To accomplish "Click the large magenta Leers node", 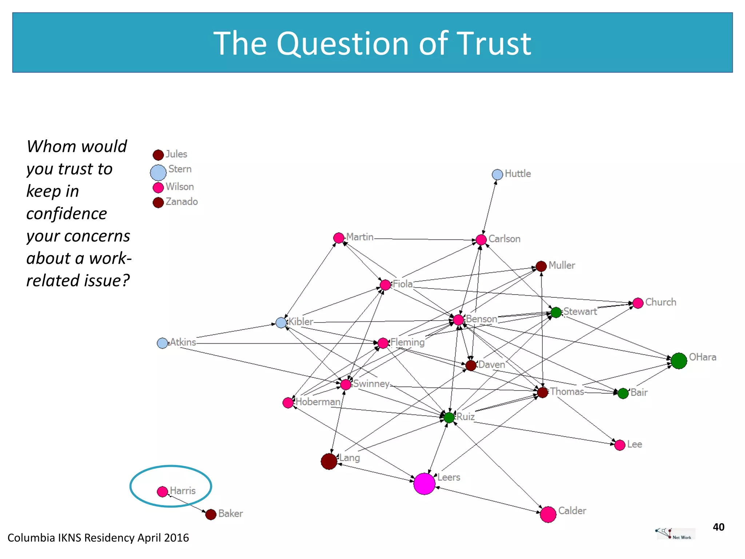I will [424, 484].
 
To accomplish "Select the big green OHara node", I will [679, 361].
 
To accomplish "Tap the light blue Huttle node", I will [497, 175].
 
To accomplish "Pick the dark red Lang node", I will [329, 461].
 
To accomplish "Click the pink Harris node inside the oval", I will [162, 492].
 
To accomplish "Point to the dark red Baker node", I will [211, 514].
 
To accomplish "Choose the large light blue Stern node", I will [158, 173].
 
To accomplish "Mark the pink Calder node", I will [548, 514].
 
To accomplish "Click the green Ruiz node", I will [449, 417].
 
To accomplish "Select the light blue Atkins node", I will [162, 343].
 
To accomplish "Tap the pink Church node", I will [638, 303].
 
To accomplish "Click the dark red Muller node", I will [541, 266].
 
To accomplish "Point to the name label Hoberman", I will [318, 402].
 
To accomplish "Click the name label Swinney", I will [371, 384].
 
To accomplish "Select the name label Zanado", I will [182, 202].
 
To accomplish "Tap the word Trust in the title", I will [494, 44].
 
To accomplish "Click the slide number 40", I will [718, 527].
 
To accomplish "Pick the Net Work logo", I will [675, 534].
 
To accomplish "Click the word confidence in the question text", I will [67, 214].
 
